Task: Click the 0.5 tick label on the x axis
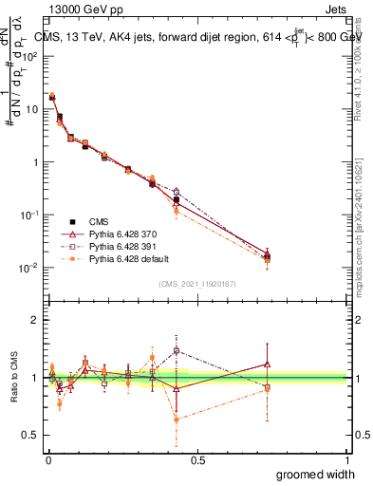[x=197, y=460]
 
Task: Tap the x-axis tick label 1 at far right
[x=346, y=460]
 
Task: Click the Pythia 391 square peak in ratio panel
[x=177, y=350]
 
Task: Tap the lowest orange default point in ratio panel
[x=177, y=419]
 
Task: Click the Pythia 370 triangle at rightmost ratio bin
[x=268, y=364]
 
